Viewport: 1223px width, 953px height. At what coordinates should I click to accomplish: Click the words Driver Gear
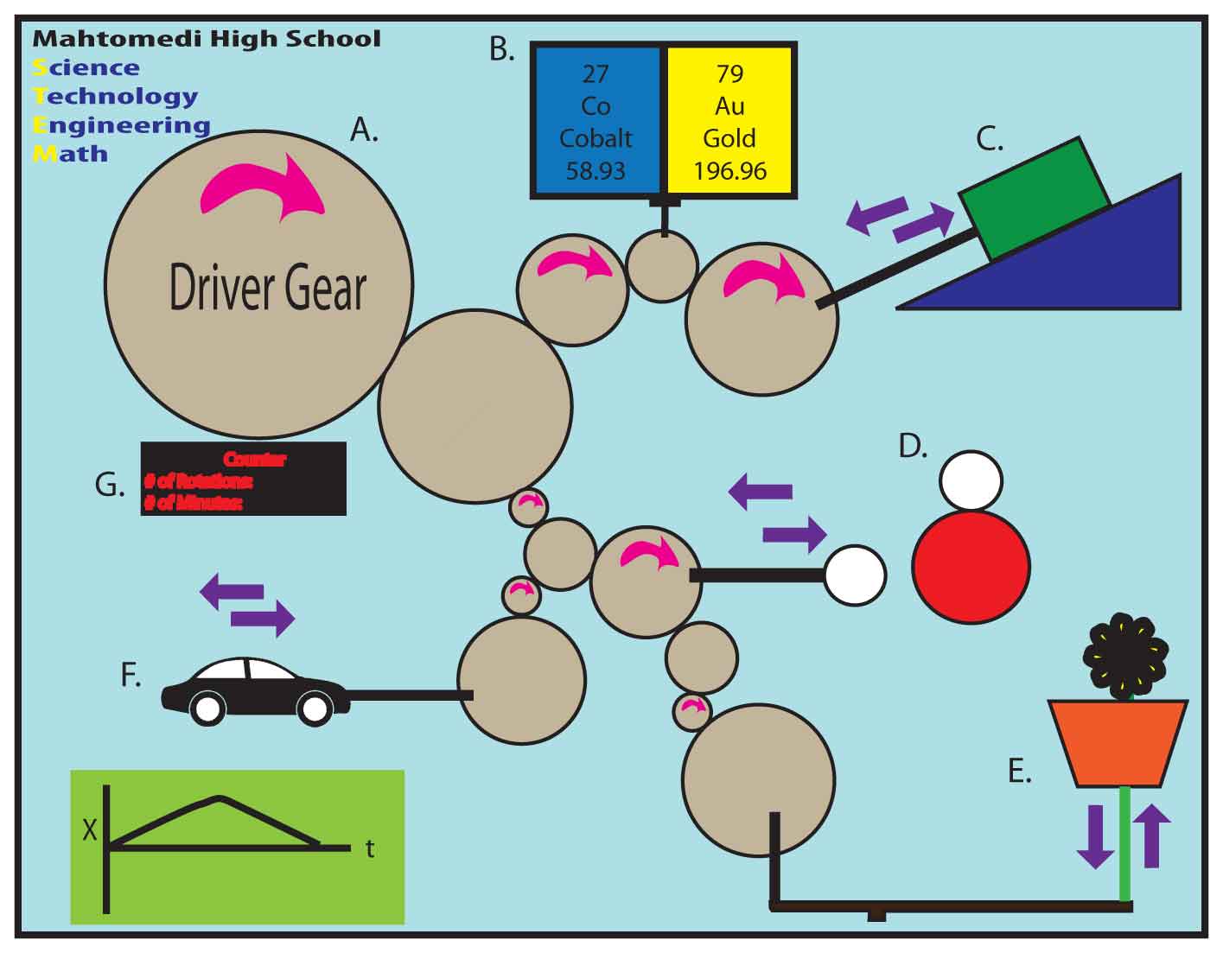(267, 289)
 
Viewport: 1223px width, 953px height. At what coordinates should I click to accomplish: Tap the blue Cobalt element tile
(596, 121)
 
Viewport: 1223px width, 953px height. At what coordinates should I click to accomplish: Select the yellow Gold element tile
(729, 121)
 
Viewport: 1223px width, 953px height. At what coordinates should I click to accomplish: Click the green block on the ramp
(1034, 197)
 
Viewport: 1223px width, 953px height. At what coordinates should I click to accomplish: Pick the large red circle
(971, 567)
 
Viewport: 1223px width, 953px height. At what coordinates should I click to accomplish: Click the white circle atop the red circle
(971, 480)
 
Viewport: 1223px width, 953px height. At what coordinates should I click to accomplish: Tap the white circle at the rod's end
(854, 575)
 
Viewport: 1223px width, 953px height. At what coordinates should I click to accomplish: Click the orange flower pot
(1118, 742)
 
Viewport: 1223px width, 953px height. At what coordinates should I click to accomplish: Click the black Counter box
(243, 479)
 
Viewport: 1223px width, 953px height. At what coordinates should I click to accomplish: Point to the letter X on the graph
(90, 831)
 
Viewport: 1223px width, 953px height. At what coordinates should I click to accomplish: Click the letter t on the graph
(370, 848)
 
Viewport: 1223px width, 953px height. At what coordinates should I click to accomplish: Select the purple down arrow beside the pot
(1095, 835)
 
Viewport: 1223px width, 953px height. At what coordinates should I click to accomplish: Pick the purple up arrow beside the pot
(1151, 834)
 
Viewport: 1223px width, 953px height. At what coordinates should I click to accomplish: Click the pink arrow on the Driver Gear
(264, 189)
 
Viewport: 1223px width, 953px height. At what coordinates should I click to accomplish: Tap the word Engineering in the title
(121, 125)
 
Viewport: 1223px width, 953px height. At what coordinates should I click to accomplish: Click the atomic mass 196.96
(729, 170)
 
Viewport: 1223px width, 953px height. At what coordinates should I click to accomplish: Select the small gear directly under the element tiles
(661, 265)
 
